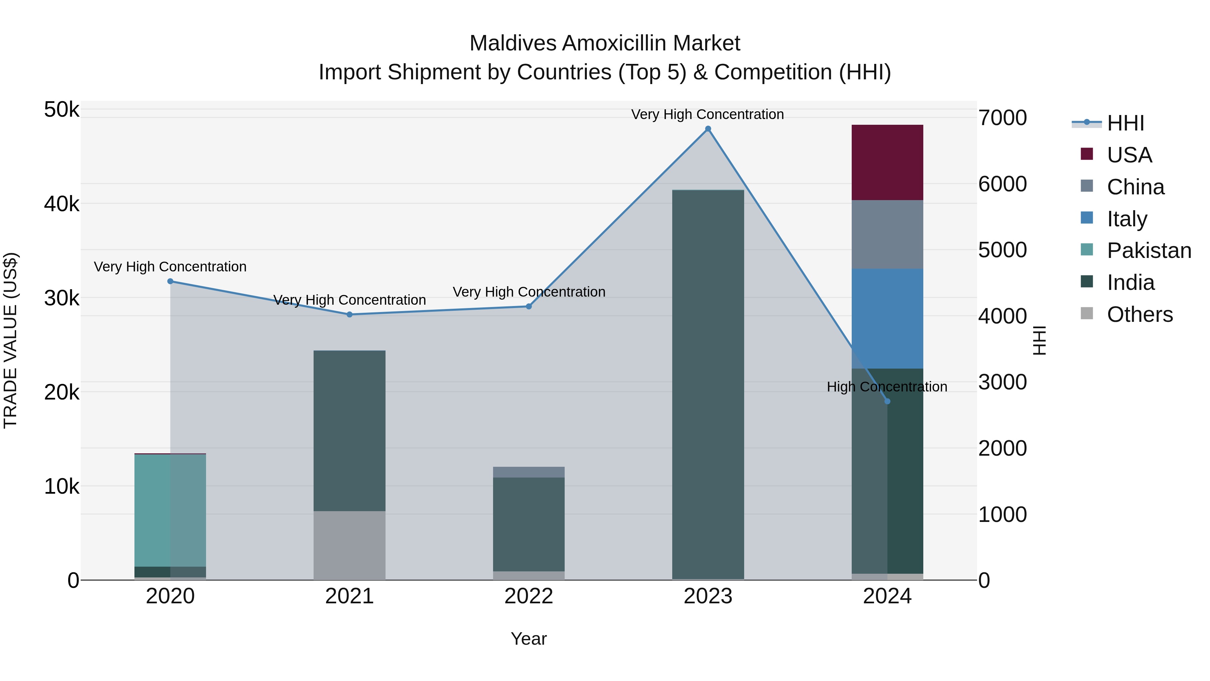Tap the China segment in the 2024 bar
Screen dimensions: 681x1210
887,234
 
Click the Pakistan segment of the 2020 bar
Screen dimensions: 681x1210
170,510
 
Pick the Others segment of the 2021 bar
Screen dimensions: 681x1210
350,545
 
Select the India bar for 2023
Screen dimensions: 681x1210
708,384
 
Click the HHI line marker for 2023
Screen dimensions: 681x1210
708,129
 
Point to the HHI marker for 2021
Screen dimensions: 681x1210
350,314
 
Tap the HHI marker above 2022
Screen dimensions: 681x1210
528,306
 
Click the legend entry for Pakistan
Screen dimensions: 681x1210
1148,251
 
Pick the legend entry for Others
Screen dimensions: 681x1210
1139,314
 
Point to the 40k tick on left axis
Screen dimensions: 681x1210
62,204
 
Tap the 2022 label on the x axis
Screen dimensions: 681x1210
528,596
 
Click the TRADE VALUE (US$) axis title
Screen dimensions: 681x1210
10,340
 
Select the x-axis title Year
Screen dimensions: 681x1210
528,639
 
